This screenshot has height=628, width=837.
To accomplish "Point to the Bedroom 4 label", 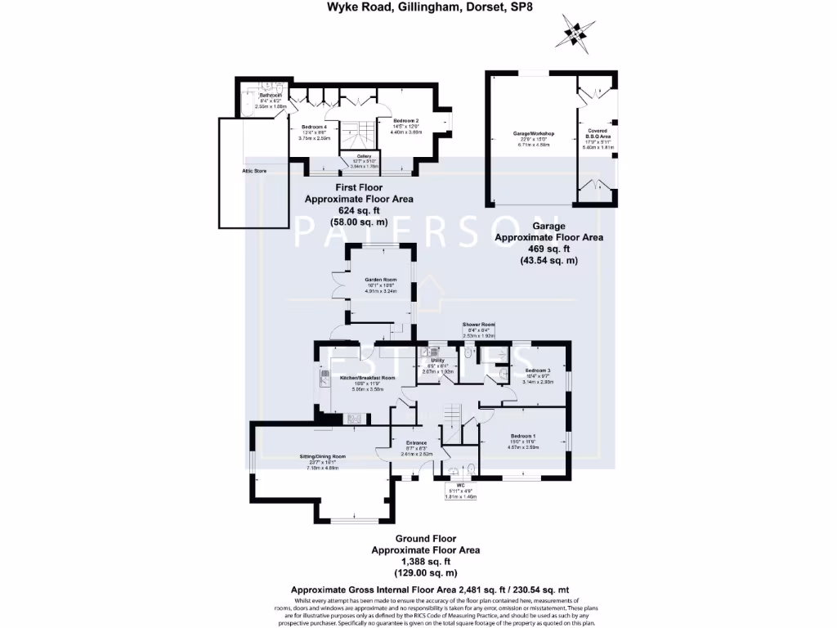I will (315, 127).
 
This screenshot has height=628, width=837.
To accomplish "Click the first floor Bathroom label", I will (271, 95).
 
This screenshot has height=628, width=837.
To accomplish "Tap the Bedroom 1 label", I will (525, 436).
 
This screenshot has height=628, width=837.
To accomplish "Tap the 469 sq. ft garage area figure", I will (548, 249).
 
